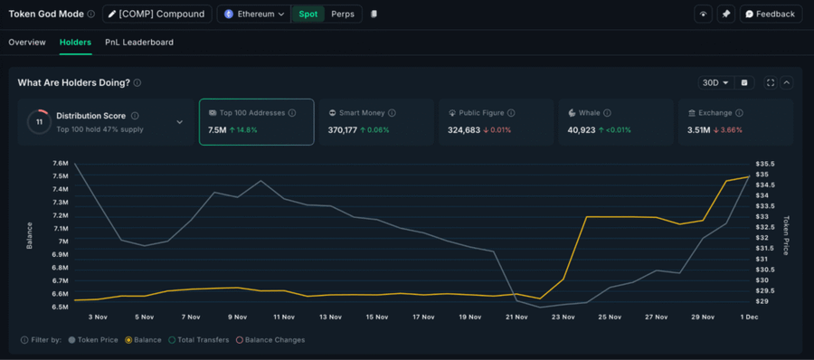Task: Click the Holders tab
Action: pos(75,43)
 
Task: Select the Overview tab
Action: pos(27,43)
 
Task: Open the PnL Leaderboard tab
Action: pos(139,43)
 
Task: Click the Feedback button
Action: pos(771,14)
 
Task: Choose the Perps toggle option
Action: pos(343,14)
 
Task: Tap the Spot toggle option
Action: pos(308,14)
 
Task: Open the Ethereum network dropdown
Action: pos(254,14)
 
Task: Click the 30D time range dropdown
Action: pos(715,82)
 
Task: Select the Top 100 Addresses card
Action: pos(256,121)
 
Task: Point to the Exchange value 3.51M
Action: pos(698,130)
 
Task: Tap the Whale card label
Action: pos(590,113)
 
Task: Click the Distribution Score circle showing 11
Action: pos(39,121)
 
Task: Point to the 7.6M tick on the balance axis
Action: pos(60,164)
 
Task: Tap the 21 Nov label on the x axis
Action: pos(516,317)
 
